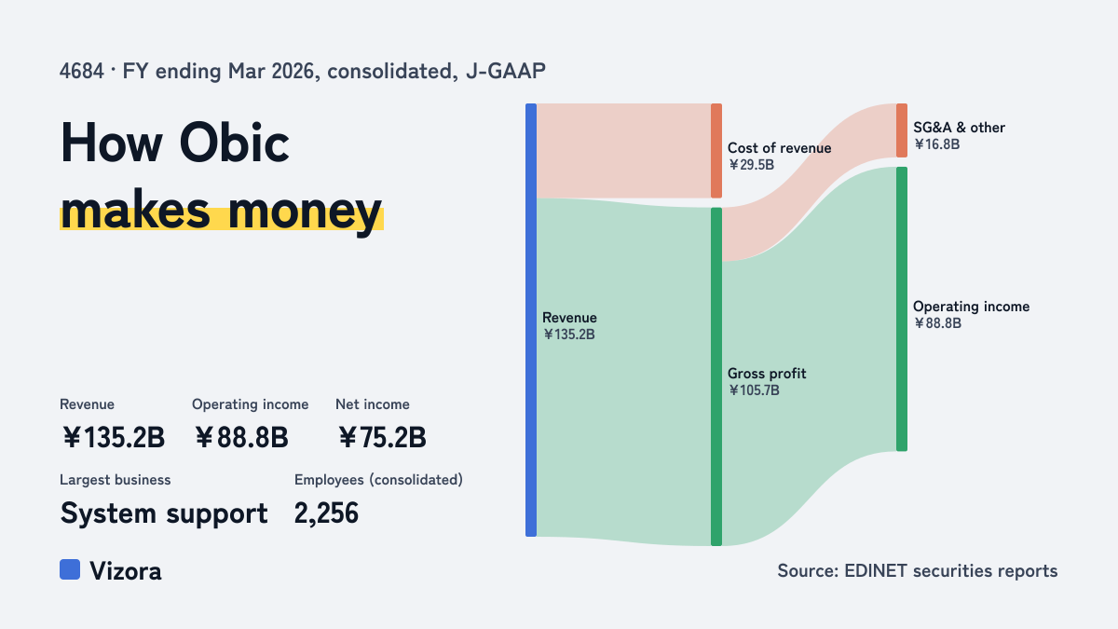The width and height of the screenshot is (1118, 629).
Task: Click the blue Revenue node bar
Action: pyautogui.click(x=531, y=320)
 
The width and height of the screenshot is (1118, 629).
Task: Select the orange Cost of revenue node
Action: pyautogui.click(x=716, y=151)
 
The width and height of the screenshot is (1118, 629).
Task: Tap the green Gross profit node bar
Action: pyautogui.click(x=716, y=376)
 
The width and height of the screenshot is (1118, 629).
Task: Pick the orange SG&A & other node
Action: pyautogui.click(x=902, y=130)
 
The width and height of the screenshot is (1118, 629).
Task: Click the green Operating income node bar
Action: pyautogui.click(x=902, y=309)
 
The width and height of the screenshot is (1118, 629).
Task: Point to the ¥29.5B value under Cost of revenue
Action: pyautogui.click(x=751, y=165)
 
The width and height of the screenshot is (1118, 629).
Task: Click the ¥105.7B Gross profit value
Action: pyautogui.click(x=754, y=390)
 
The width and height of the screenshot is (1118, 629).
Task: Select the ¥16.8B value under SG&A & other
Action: pyautogui.click(x=937, y=144)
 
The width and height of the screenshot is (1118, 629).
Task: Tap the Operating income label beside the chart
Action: pyautogui.click(x=971, y=306)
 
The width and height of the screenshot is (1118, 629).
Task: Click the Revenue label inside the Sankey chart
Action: pyautogui.click(x=569, y=318)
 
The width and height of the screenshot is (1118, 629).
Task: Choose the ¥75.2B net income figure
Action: pyautogui.click(x=382, y=437)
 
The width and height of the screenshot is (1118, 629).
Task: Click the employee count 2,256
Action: pyautogui.click(x=326, y=513)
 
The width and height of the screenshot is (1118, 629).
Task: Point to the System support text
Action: pyautogui.click(x=164, y=513)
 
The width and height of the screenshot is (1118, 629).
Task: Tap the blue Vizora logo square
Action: pyautogui.click(x=70, y=569)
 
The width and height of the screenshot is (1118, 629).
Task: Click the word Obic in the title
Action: pyautogui.click(x=234, y=144)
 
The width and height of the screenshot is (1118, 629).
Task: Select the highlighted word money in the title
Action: pyautogui.click(x=305, y=211)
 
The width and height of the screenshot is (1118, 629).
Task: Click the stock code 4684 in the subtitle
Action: pyautogui.click(x=82, y=71)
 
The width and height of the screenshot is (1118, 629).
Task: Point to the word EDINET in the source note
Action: pyautogui.click(x=875, y=570)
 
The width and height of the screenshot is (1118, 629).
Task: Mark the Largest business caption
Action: pyautogui.click(x=116, y=480)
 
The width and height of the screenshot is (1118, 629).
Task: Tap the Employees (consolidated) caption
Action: pyautogui.click(x=378, y=480)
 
